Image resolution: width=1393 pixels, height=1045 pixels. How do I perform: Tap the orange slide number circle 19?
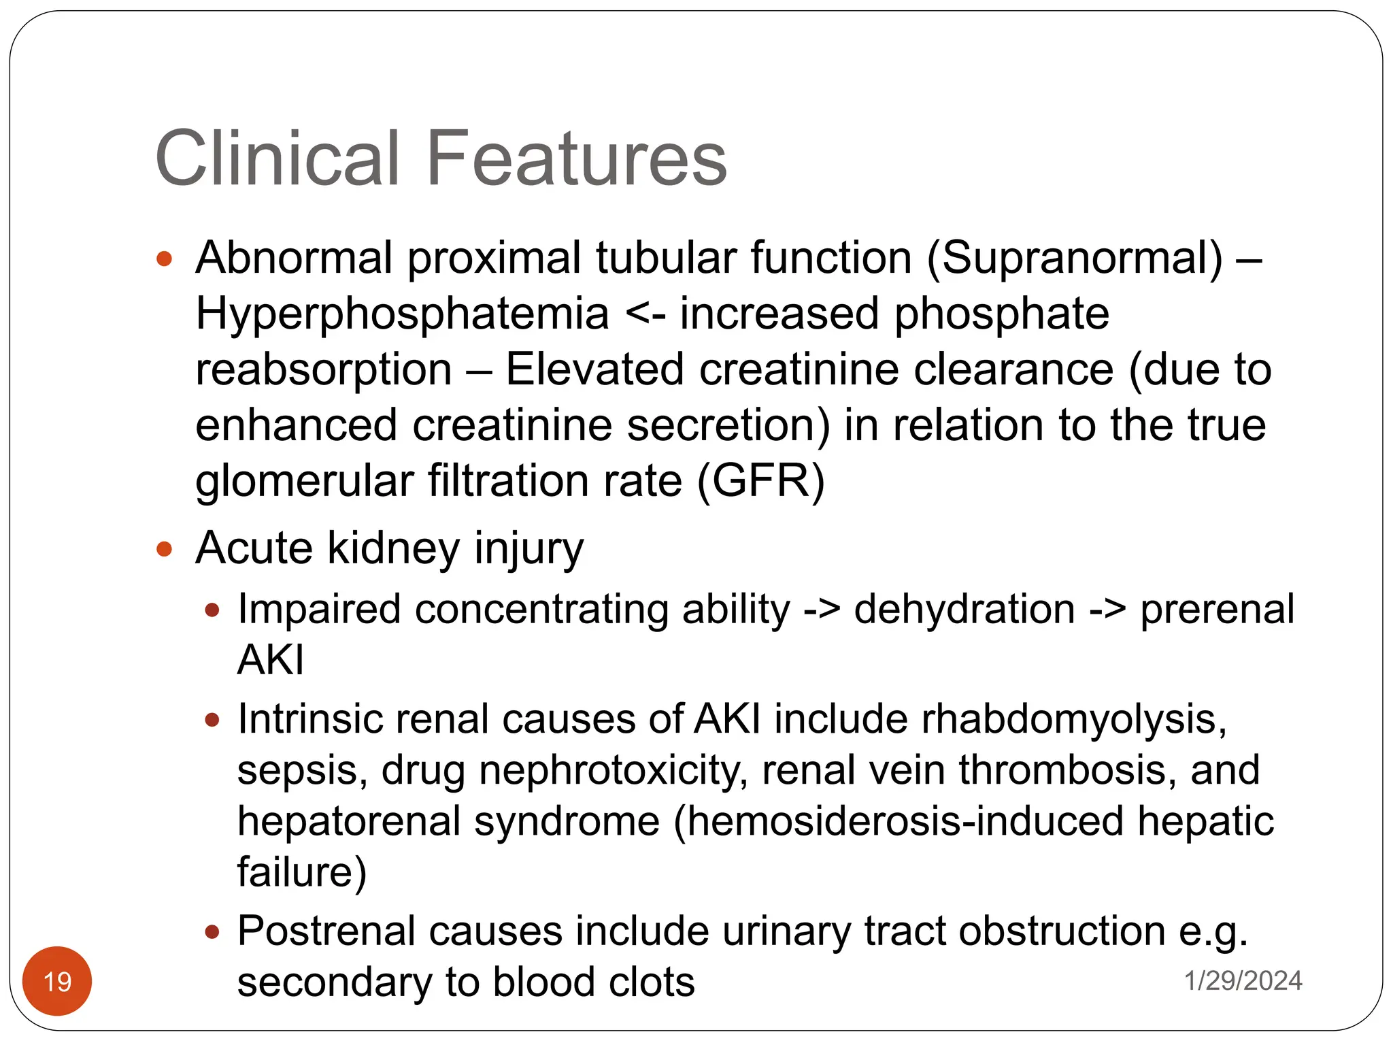pos(57,981)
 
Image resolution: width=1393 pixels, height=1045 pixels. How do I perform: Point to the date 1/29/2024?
pos(1243,980)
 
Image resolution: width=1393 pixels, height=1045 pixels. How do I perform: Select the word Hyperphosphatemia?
pos(402,314)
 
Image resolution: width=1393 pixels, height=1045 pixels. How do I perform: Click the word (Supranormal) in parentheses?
pos(1074,258)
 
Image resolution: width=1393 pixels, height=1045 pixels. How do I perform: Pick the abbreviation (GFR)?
pos(760,481)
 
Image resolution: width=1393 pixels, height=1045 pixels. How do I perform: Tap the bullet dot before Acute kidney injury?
pos(164,548)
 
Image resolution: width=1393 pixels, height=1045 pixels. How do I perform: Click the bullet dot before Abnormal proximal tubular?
pos(164,259)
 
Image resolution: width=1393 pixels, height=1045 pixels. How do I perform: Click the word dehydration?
pos(964,608)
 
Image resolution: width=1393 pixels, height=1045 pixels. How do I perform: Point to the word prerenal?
pos(1217,608)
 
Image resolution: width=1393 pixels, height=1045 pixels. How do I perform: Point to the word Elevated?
pos(594,369)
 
